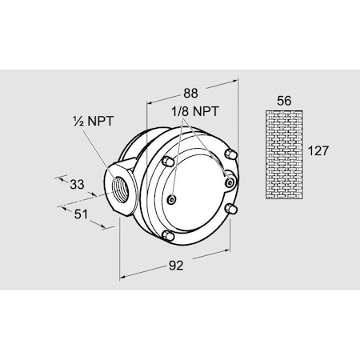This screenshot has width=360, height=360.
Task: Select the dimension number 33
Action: pos(77,184)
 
